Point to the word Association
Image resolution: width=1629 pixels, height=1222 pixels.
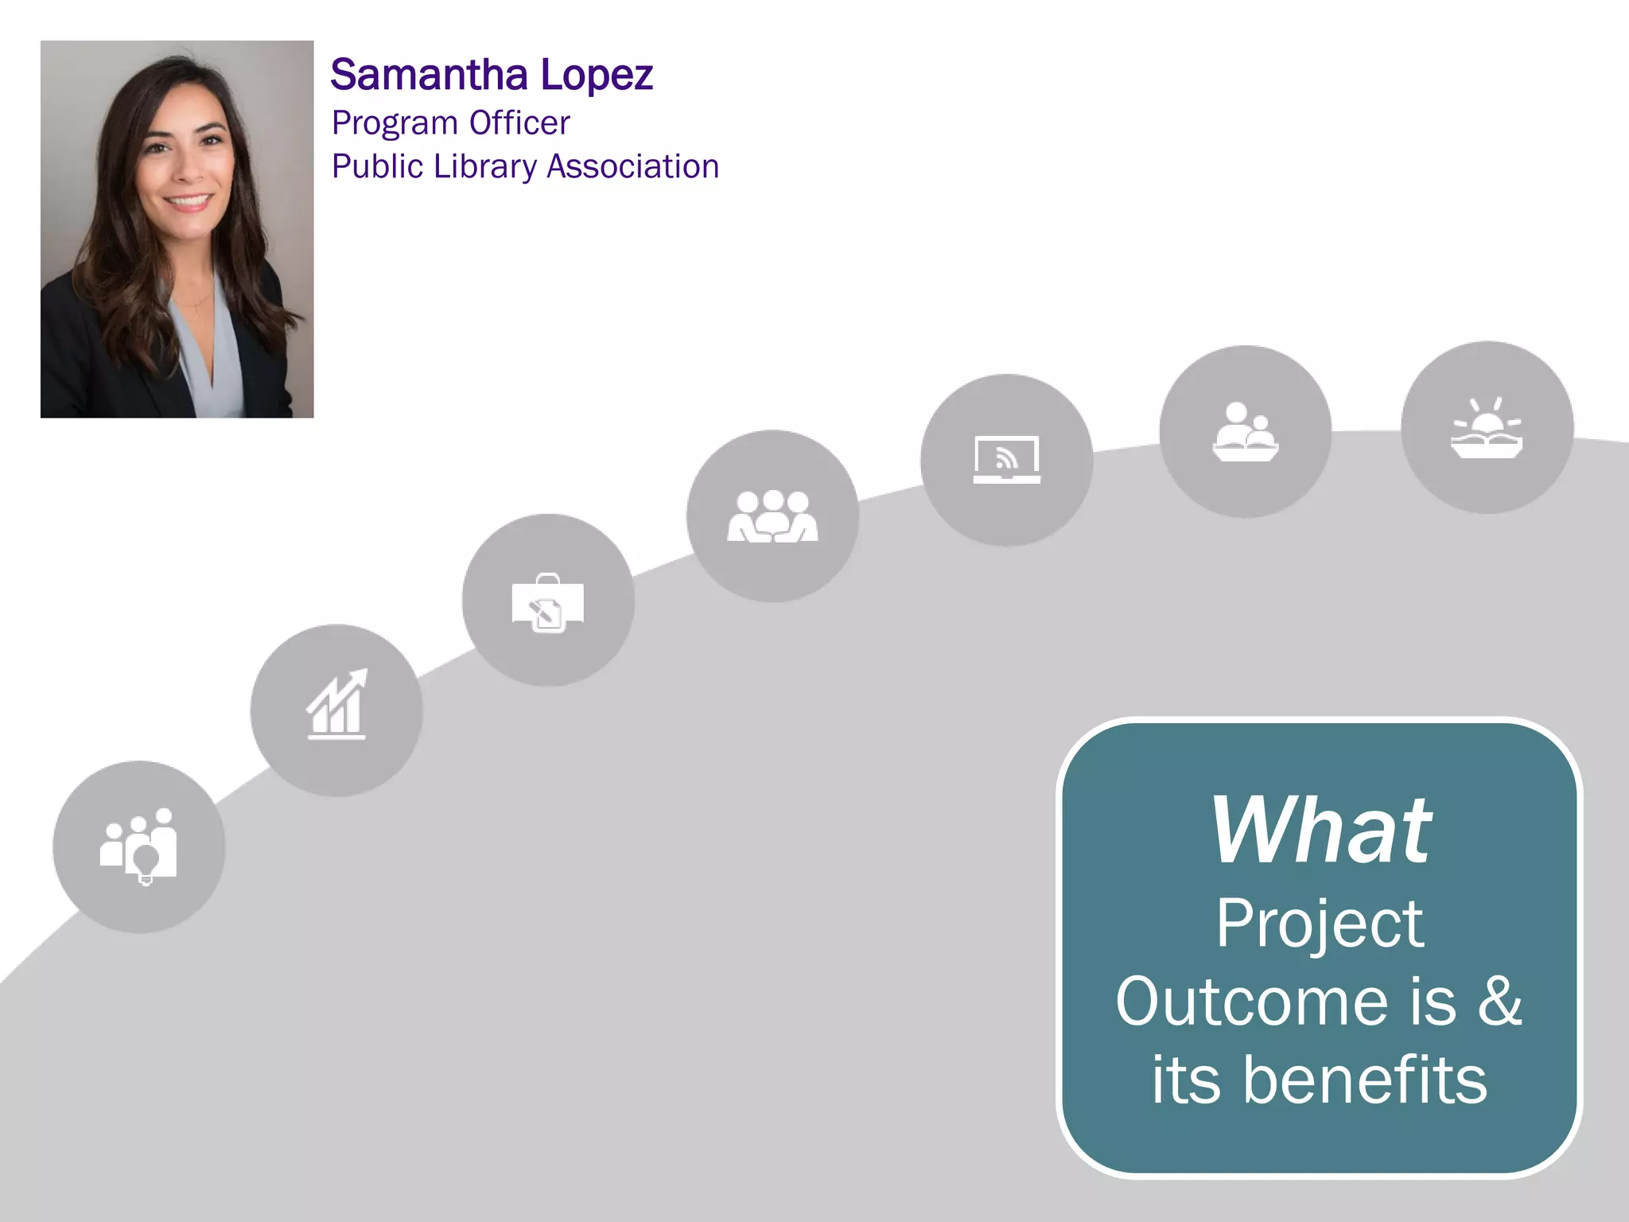pos(633,167)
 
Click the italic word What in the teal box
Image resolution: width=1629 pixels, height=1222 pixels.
pos(1320,831)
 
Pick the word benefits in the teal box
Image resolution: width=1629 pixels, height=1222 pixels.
pos(1364,1080)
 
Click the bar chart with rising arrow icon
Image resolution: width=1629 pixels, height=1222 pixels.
pos(336,705)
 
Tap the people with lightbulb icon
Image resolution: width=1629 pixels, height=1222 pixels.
pos(139,846)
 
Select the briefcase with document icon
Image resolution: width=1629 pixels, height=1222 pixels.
pos(548,602)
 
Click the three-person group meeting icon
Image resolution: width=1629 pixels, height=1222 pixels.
pos(772,516)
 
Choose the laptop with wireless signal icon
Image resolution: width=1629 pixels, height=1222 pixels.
pos(1007,460)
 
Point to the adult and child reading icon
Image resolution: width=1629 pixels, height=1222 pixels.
pos(1246,431)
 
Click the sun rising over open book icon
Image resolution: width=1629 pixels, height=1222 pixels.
pos(1487,428)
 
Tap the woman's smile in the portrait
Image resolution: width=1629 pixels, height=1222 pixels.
pos(188,201)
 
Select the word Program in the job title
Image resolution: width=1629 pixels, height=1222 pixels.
pos(395,123)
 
